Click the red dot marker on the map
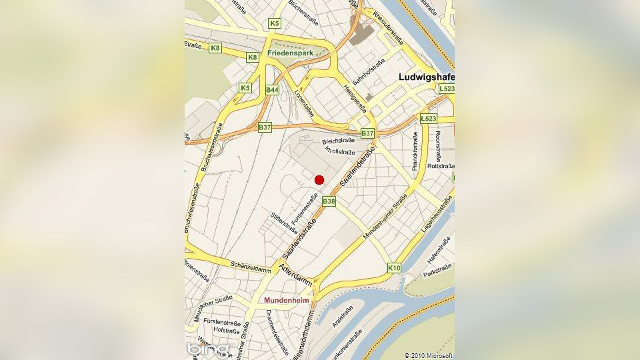(x=319, y=179)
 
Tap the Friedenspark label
(x=290, y=53)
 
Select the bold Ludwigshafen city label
(x=426, y=77)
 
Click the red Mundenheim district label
(x=287, y=301)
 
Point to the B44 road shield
(x=272, y=90)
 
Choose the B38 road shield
(x=329, y=201)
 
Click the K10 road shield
(x=394, y=268)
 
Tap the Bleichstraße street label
(x=338, y=142)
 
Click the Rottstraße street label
(x=441, y=166)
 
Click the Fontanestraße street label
(x=305, y=208)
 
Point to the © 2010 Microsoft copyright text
(x=429, y=355)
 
